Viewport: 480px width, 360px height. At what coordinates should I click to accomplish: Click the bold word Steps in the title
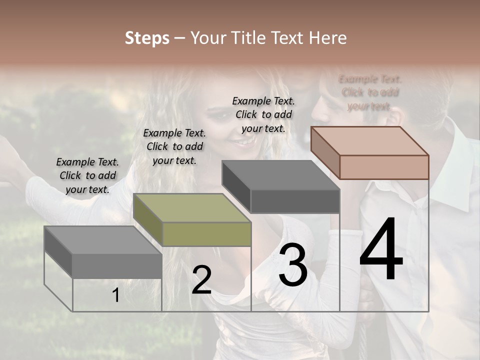[147, 38]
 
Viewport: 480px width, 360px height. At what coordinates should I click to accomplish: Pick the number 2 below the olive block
[201, 280]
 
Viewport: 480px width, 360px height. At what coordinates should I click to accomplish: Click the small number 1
[116, 295]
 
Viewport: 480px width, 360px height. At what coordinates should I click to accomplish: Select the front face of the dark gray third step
[295, 201]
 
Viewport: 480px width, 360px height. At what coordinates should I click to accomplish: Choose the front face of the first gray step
[117, 265]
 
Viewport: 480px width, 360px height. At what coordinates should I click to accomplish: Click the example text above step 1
[87, 175]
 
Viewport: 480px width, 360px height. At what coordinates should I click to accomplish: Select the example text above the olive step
[174, 146]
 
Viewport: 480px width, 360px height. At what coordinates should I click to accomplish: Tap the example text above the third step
[263, 114]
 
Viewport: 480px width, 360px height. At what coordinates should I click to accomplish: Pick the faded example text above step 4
[370, 92]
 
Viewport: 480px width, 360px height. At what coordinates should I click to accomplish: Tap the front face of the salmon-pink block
[384, 167]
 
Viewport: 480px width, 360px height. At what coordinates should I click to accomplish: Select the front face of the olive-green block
[206, 234]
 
